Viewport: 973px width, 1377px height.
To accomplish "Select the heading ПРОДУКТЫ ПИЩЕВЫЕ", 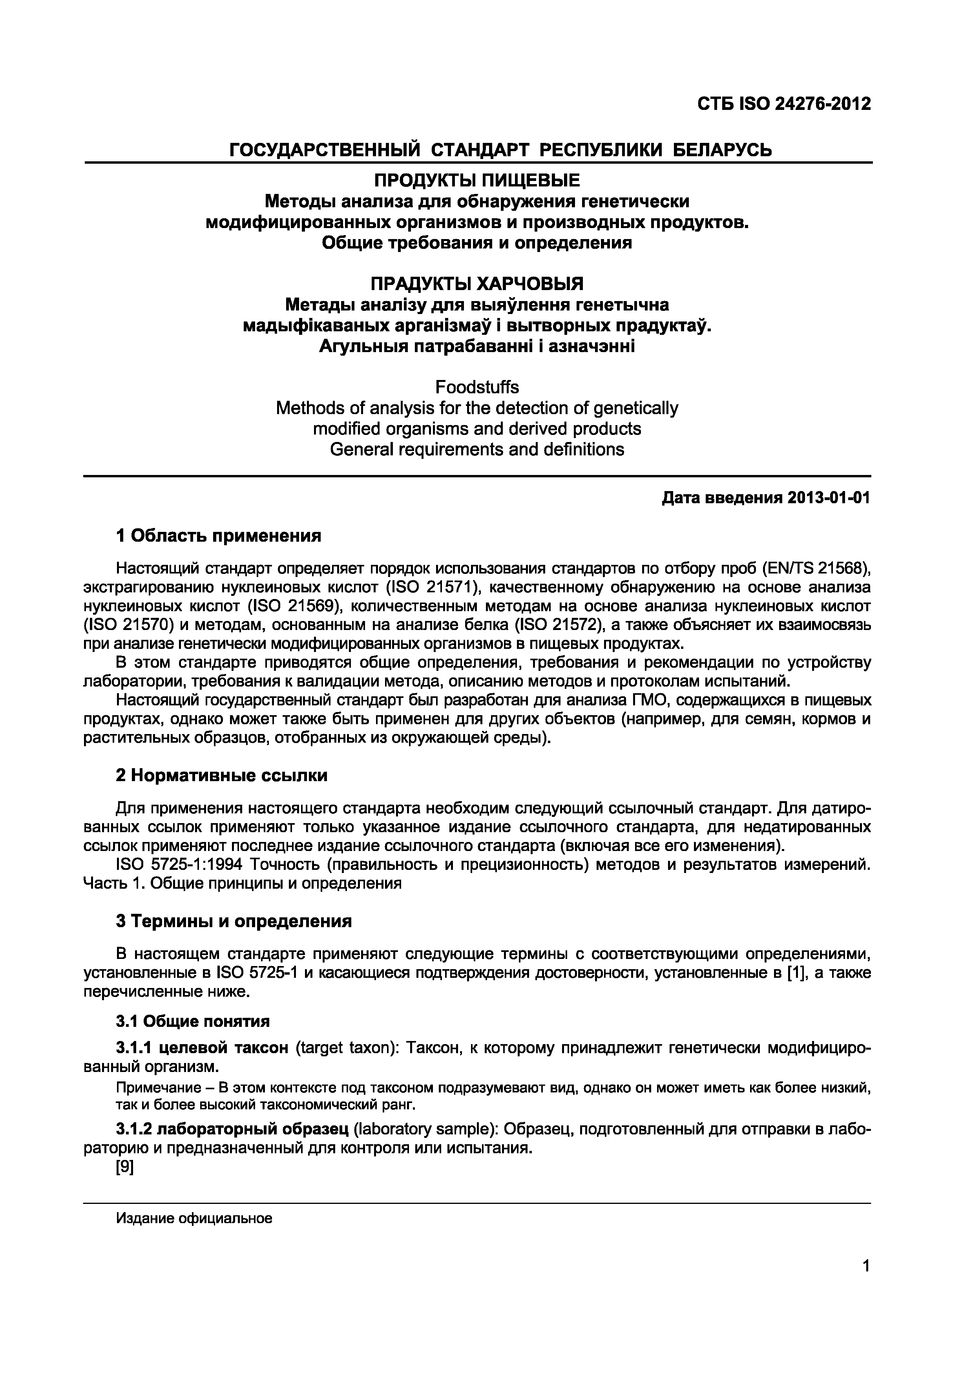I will coord(477,180).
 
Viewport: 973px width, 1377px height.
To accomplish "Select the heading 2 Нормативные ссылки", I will coord(221,776).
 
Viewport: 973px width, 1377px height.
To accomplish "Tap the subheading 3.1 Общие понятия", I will coord(192,1021).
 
